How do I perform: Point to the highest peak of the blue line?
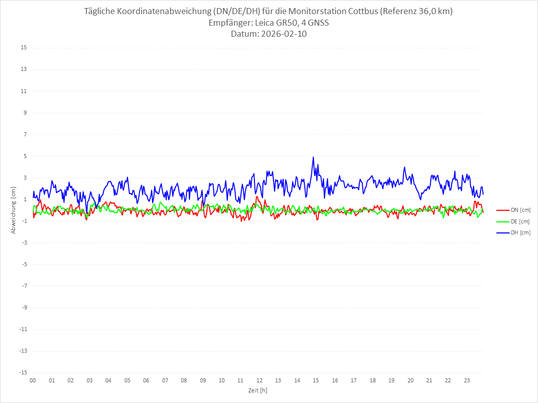click(x=313, y=157)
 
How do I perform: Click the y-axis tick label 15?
click(x=24, y=48)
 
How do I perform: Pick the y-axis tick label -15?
click(x=23, y=372)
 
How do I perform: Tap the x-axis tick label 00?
click(x=33, y=381)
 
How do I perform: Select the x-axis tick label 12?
click(x=259, y=381)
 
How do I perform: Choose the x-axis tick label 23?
click(x=467, y=381)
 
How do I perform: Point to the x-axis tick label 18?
click(x=373, y=381)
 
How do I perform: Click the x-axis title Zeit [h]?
click(x=257, y=390)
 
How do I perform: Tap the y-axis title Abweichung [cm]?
click(x=14, y=210)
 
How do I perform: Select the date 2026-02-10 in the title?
click(x=283, y=34)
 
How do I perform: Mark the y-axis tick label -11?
click(x=23, y=329)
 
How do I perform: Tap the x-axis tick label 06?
click(x=146, y=381)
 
